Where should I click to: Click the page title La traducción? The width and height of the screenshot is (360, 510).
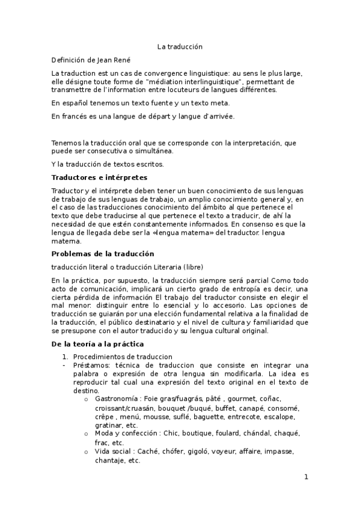click(x=180, y=46)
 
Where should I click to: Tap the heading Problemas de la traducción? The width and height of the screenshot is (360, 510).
click(x=102, y=253)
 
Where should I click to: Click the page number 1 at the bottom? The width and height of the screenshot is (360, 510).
click(x=306, y=477)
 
